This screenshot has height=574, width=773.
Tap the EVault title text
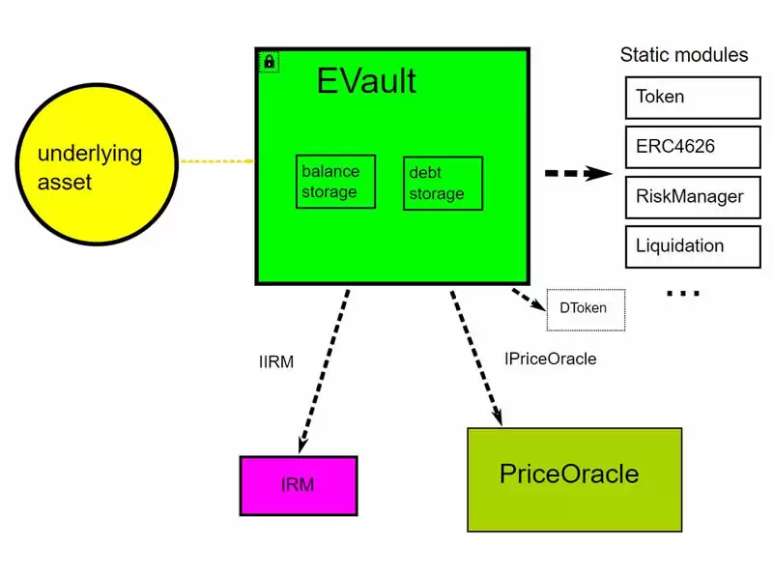coord(366,81)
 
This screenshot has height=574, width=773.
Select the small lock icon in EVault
coord(269,61)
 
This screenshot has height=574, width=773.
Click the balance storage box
coord(335,182)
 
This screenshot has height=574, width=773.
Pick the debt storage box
coord(443,183)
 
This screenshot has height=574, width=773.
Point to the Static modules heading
coord(683,54)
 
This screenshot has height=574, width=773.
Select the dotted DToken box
coord(586,309)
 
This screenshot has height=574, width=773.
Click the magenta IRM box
coord(298,485)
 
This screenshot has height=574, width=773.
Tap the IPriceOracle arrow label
coord(551,359)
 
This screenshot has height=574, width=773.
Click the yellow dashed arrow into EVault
coord(216,161)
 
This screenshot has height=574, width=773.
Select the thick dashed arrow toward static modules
coord(579,174)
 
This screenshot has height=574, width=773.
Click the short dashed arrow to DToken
coord(530,299)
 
